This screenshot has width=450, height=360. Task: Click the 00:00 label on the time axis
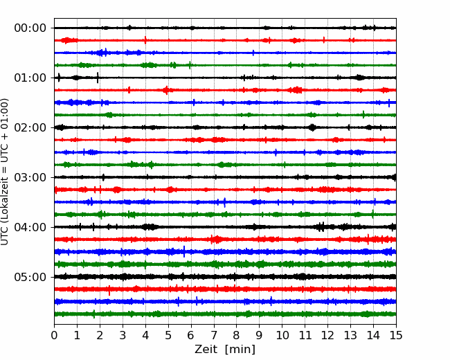tap(30, 28)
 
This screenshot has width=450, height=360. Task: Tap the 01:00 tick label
tap(30, 78)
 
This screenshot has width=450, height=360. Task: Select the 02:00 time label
tap(30, 128)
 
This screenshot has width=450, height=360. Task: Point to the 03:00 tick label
tap(30, 177)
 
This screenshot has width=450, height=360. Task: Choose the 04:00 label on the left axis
tap(30, 227)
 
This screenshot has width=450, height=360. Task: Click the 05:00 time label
tap(30, 278)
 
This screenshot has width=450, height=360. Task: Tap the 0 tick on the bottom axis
tap(54, 335)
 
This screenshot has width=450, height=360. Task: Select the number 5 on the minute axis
tap(168, 335)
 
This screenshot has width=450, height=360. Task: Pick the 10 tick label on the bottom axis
tap(282, 335)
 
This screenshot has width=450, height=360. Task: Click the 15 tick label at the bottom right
tap(396, 335)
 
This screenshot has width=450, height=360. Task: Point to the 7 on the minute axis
tap(214, 335)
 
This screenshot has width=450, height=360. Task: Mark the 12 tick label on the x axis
tap(327, 335)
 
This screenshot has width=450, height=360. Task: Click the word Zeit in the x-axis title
tap(206, 350)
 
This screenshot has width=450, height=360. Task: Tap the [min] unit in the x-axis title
tap(240, 350)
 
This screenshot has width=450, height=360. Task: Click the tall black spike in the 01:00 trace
tap(98, 78)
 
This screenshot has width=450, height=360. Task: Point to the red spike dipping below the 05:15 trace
tap(109, 291)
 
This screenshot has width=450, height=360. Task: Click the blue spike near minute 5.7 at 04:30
tap(184, 252)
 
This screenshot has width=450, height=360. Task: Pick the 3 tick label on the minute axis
tap(123, 335)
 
